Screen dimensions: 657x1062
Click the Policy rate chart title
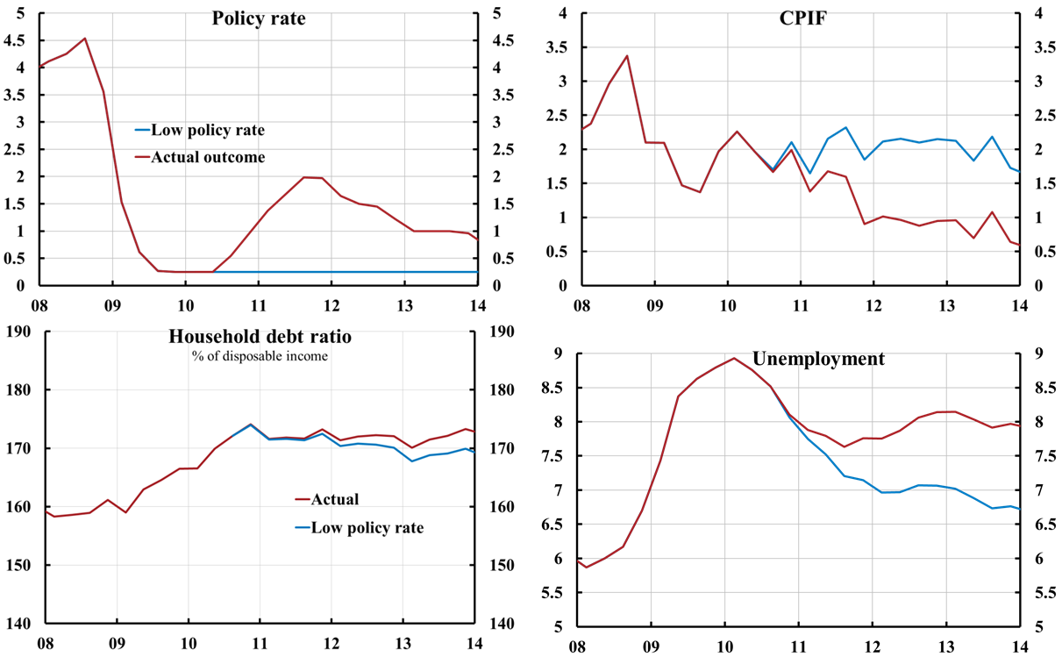259,18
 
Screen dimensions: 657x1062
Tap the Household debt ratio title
259,339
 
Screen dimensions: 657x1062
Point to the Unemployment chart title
818,359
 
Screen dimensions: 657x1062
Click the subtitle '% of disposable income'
259,356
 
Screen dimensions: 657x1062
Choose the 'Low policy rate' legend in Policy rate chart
208,130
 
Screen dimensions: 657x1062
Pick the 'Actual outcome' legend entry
208,157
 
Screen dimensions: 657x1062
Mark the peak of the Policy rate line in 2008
84,38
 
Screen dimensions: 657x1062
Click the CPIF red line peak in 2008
627,56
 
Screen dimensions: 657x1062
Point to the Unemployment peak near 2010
734,358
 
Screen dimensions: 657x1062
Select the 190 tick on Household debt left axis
18,331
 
